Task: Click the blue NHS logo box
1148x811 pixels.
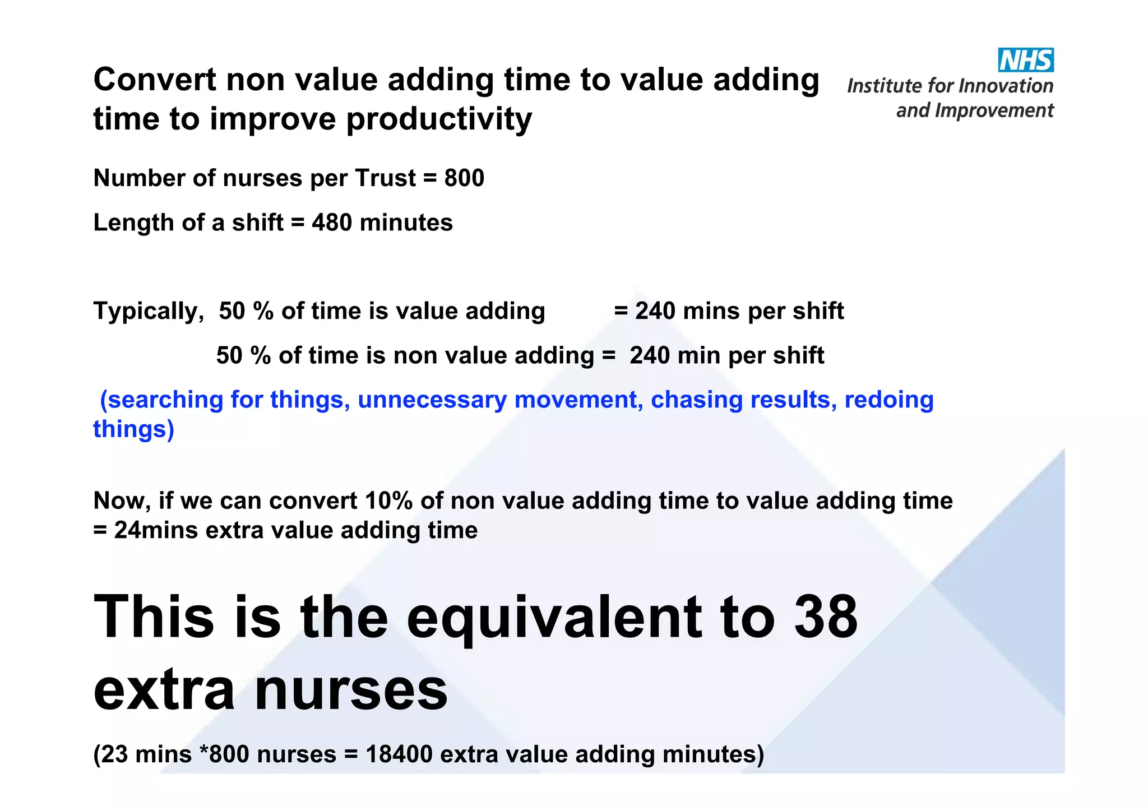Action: pyautogui.click(x=1025, y=60)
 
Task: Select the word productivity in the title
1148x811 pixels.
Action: pyautogui.click(x=439, y=119)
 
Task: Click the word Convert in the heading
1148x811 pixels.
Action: pyautogui.click(x=154, y=80)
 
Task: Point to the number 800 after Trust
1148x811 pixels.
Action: pyautogui.click(x=464, y=178)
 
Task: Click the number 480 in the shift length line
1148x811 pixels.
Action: pyautogui.click(x=332, y=223)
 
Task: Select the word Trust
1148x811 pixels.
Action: pyautogui.click(x=385, y=178)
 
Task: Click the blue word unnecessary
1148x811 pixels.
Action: pyautogui.click(x=432, y=400)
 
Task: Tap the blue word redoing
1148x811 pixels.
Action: pyautogui.click(x=888, y=400)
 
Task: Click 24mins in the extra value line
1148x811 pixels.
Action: pyautogui.click(x=156, y=530)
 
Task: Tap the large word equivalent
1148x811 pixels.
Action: pyautogui.click(x=554, y=618)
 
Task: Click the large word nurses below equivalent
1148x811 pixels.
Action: pyautogui.click(x=351, y=690)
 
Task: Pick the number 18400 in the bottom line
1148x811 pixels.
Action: pyautogui.click(x=399, y=754)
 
